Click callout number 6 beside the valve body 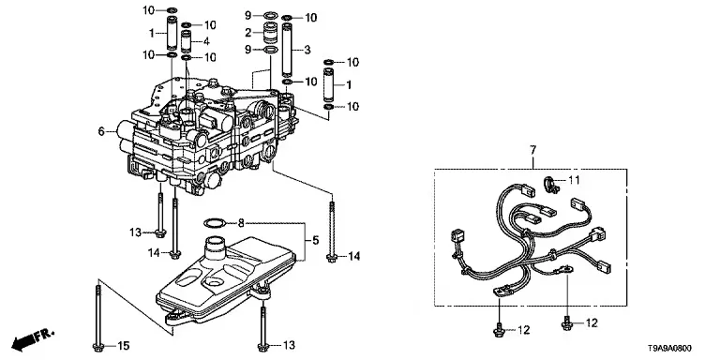tap(101, 132)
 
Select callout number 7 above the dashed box tap(532, 150)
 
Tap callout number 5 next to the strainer tap(315, 240)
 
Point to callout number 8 tap(241, 224)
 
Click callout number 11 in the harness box tap(574, 180)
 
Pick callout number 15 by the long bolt tap(124, 345)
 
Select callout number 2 tap(248, 33)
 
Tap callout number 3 tap(307, 49)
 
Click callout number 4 tap(206, 41)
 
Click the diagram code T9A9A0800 tap(670, 349)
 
